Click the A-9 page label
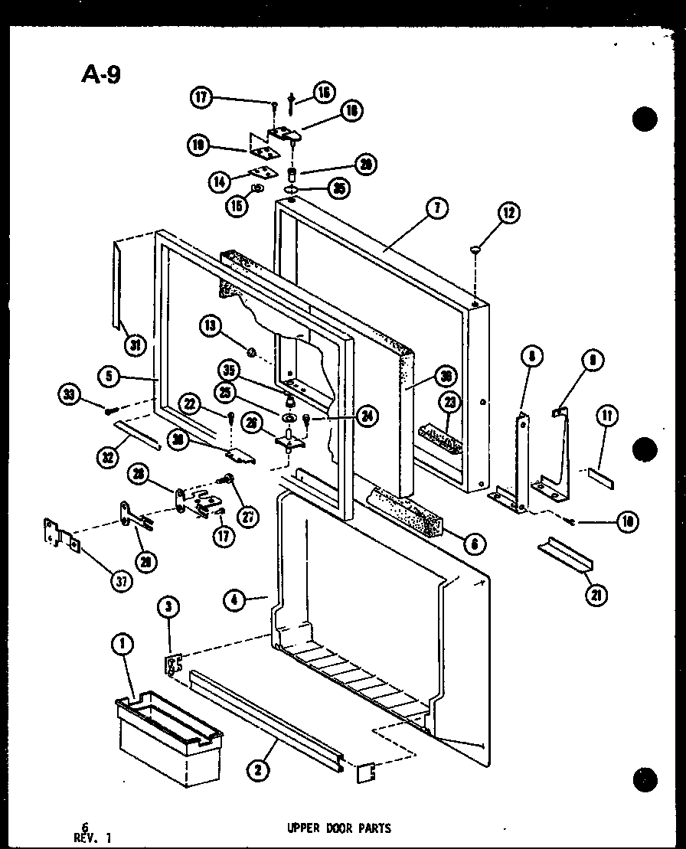click(100, 74)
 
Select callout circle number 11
click(606, 417)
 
